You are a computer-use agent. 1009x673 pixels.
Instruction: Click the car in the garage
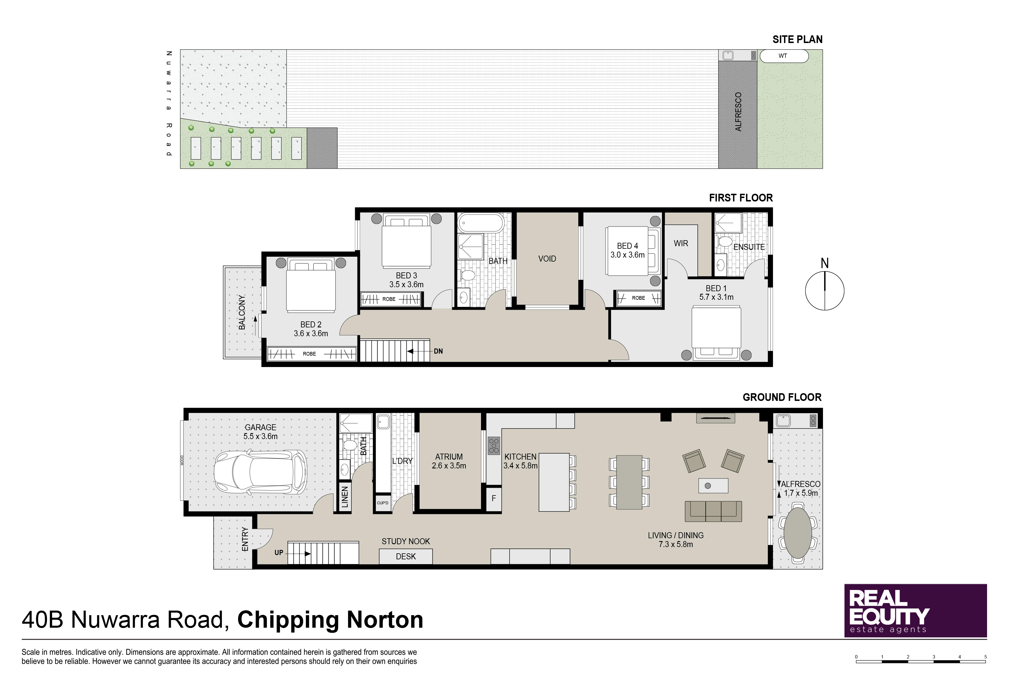click(x=260, y=471)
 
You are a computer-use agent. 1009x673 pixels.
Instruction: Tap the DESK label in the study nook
click(x=406, y=556)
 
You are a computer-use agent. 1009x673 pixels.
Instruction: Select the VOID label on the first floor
click(x=547, y=259)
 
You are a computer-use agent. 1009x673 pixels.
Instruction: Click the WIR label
click(x=681, y=243)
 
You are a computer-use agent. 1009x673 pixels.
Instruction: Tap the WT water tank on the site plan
click(x=784, y=56)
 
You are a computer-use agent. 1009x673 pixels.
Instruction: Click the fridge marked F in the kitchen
click(x=494, y=498)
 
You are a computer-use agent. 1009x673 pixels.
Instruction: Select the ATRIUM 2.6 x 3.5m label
click(x=449, y=461)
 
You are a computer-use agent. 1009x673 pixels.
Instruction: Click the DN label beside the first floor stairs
click(x=438, y=351)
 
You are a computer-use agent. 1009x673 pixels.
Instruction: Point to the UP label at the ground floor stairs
click(x=279, y=553)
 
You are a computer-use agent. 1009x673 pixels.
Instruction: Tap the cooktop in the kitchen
click(x=494, y=446)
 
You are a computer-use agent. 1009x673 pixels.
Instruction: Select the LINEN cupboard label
click(x=345, y=497)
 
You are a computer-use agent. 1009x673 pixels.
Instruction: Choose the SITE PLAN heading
click(x=797, y=40)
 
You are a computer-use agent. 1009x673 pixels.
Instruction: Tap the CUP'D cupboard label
click(x=383, y=503)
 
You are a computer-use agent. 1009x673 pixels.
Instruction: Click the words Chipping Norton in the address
click(x=330, y=620)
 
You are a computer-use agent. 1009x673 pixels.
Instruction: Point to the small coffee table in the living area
click(x=713, y=486)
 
